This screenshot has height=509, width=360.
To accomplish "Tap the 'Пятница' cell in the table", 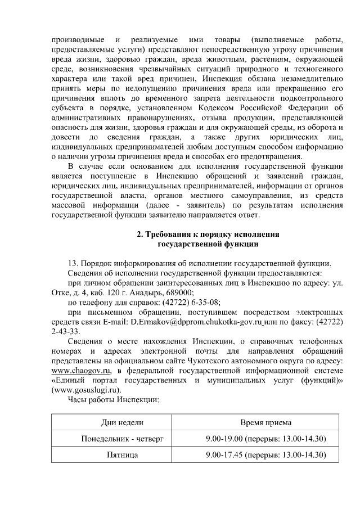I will tap(122, 454).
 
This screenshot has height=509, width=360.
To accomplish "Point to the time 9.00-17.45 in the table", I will tap(225, 454).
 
